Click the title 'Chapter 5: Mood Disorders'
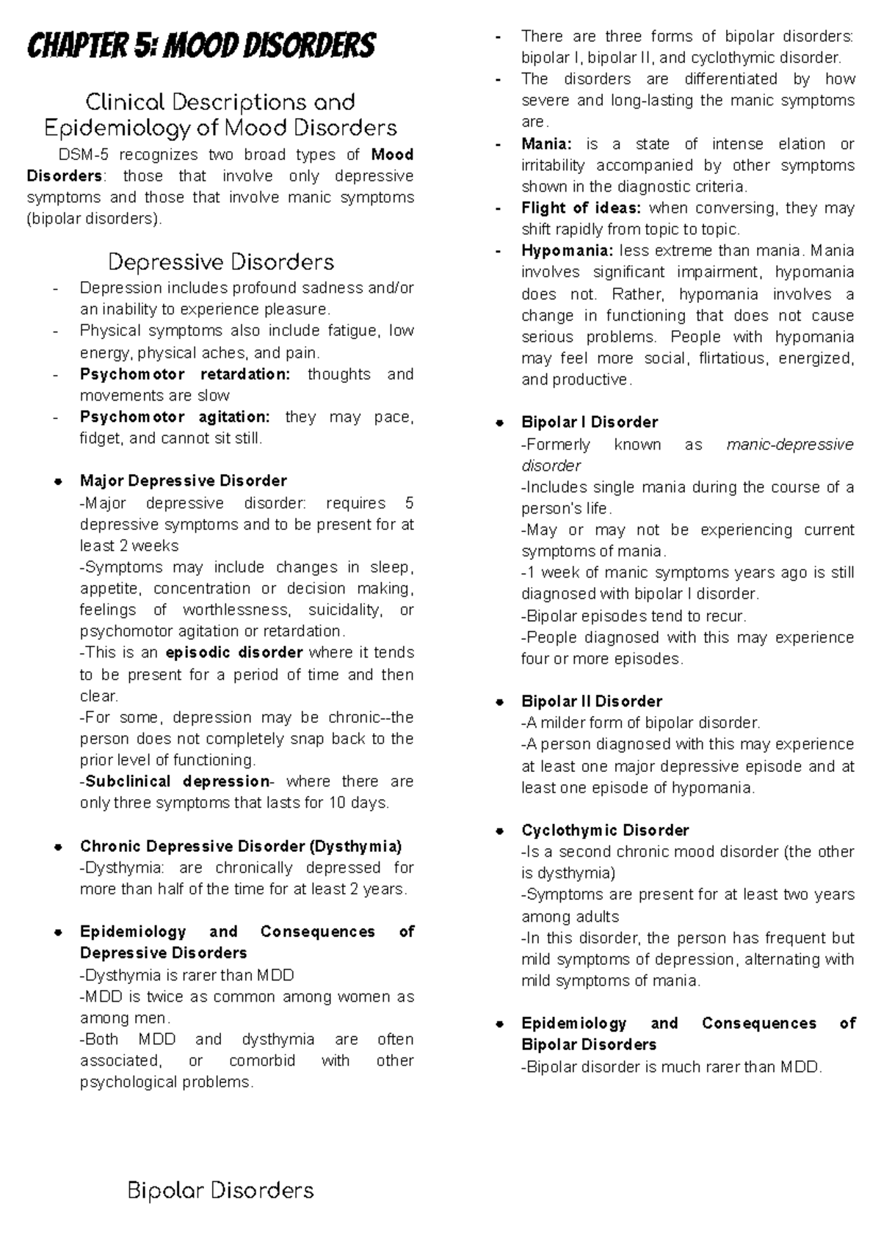[x=200, y=45]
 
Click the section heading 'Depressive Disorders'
[x=220, y=262]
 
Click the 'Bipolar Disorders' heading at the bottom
[x=220, y=1190]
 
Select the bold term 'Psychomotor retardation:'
[x=185, y=374]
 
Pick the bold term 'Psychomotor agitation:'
[x=175, y=417]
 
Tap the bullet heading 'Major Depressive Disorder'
[x=183, y=481]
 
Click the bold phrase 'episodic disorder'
[x=234, y=652]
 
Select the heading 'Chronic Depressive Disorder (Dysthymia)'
[x=241, y=846]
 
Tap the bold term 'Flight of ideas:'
[x=581, y=208]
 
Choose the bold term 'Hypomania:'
[x=566, y=251]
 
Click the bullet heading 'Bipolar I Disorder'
[x=589, y=422]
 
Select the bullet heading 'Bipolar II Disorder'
[x=591, y=701]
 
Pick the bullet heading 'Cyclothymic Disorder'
[x=605, y=830]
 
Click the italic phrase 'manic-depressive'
[x=789, y=445]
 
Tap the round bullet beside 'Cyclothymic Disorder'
[x=499, y=831]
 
